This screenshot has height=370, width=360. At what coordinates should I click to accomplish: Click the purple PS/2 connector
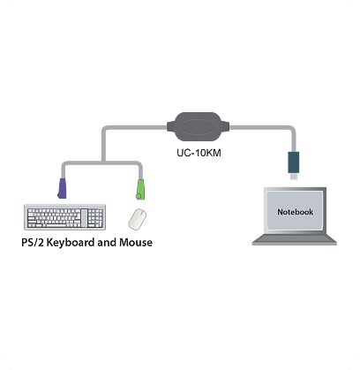(x=62, y=188)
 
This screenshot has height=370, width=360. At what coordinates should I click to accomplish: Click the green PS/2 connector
(x=140, y=189)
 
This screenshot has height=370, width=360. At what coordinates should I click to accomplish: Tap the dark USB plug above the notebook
(x=293, y=162)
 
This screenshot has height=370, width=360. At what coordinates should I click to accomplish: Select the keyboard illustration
(x=64, y=217)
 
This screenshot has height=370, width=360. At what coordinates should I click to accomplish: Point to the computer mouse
(x=138, y=219)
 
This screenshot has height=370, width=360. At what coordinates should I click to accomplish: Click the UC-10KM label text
(x=199, y=153)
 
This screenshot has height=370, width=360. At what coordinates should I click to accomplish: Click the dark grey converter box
(x=198, y=127)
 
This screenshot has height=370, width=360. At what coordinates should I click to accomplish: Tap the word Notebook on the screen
(x=295, y=212)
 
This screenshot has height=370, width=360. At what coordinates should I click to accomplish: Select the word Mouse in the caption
(x=136, y=243)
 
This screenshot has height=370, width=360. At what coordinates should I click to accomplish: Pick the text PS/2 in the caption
(x=33, y=243)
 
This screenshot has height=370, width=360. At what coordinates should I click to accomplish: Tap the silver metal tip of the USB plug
(x=293, y=177)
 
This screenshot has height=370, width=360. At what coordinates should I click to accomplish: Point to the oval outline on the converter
(x=198, y=127)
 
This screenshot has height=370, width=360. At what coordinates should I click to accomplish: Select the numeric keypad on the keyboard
(x=96, y=218)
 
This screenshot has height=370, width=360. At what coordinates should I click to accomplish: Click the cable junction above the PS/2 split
(x=103, y=162)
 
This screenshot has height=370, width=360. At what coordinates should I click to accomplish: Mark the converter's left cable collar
(x=170, y=127)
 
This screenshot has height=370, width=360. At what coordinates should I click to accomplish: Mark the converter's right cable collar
(x=225, y=127)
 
